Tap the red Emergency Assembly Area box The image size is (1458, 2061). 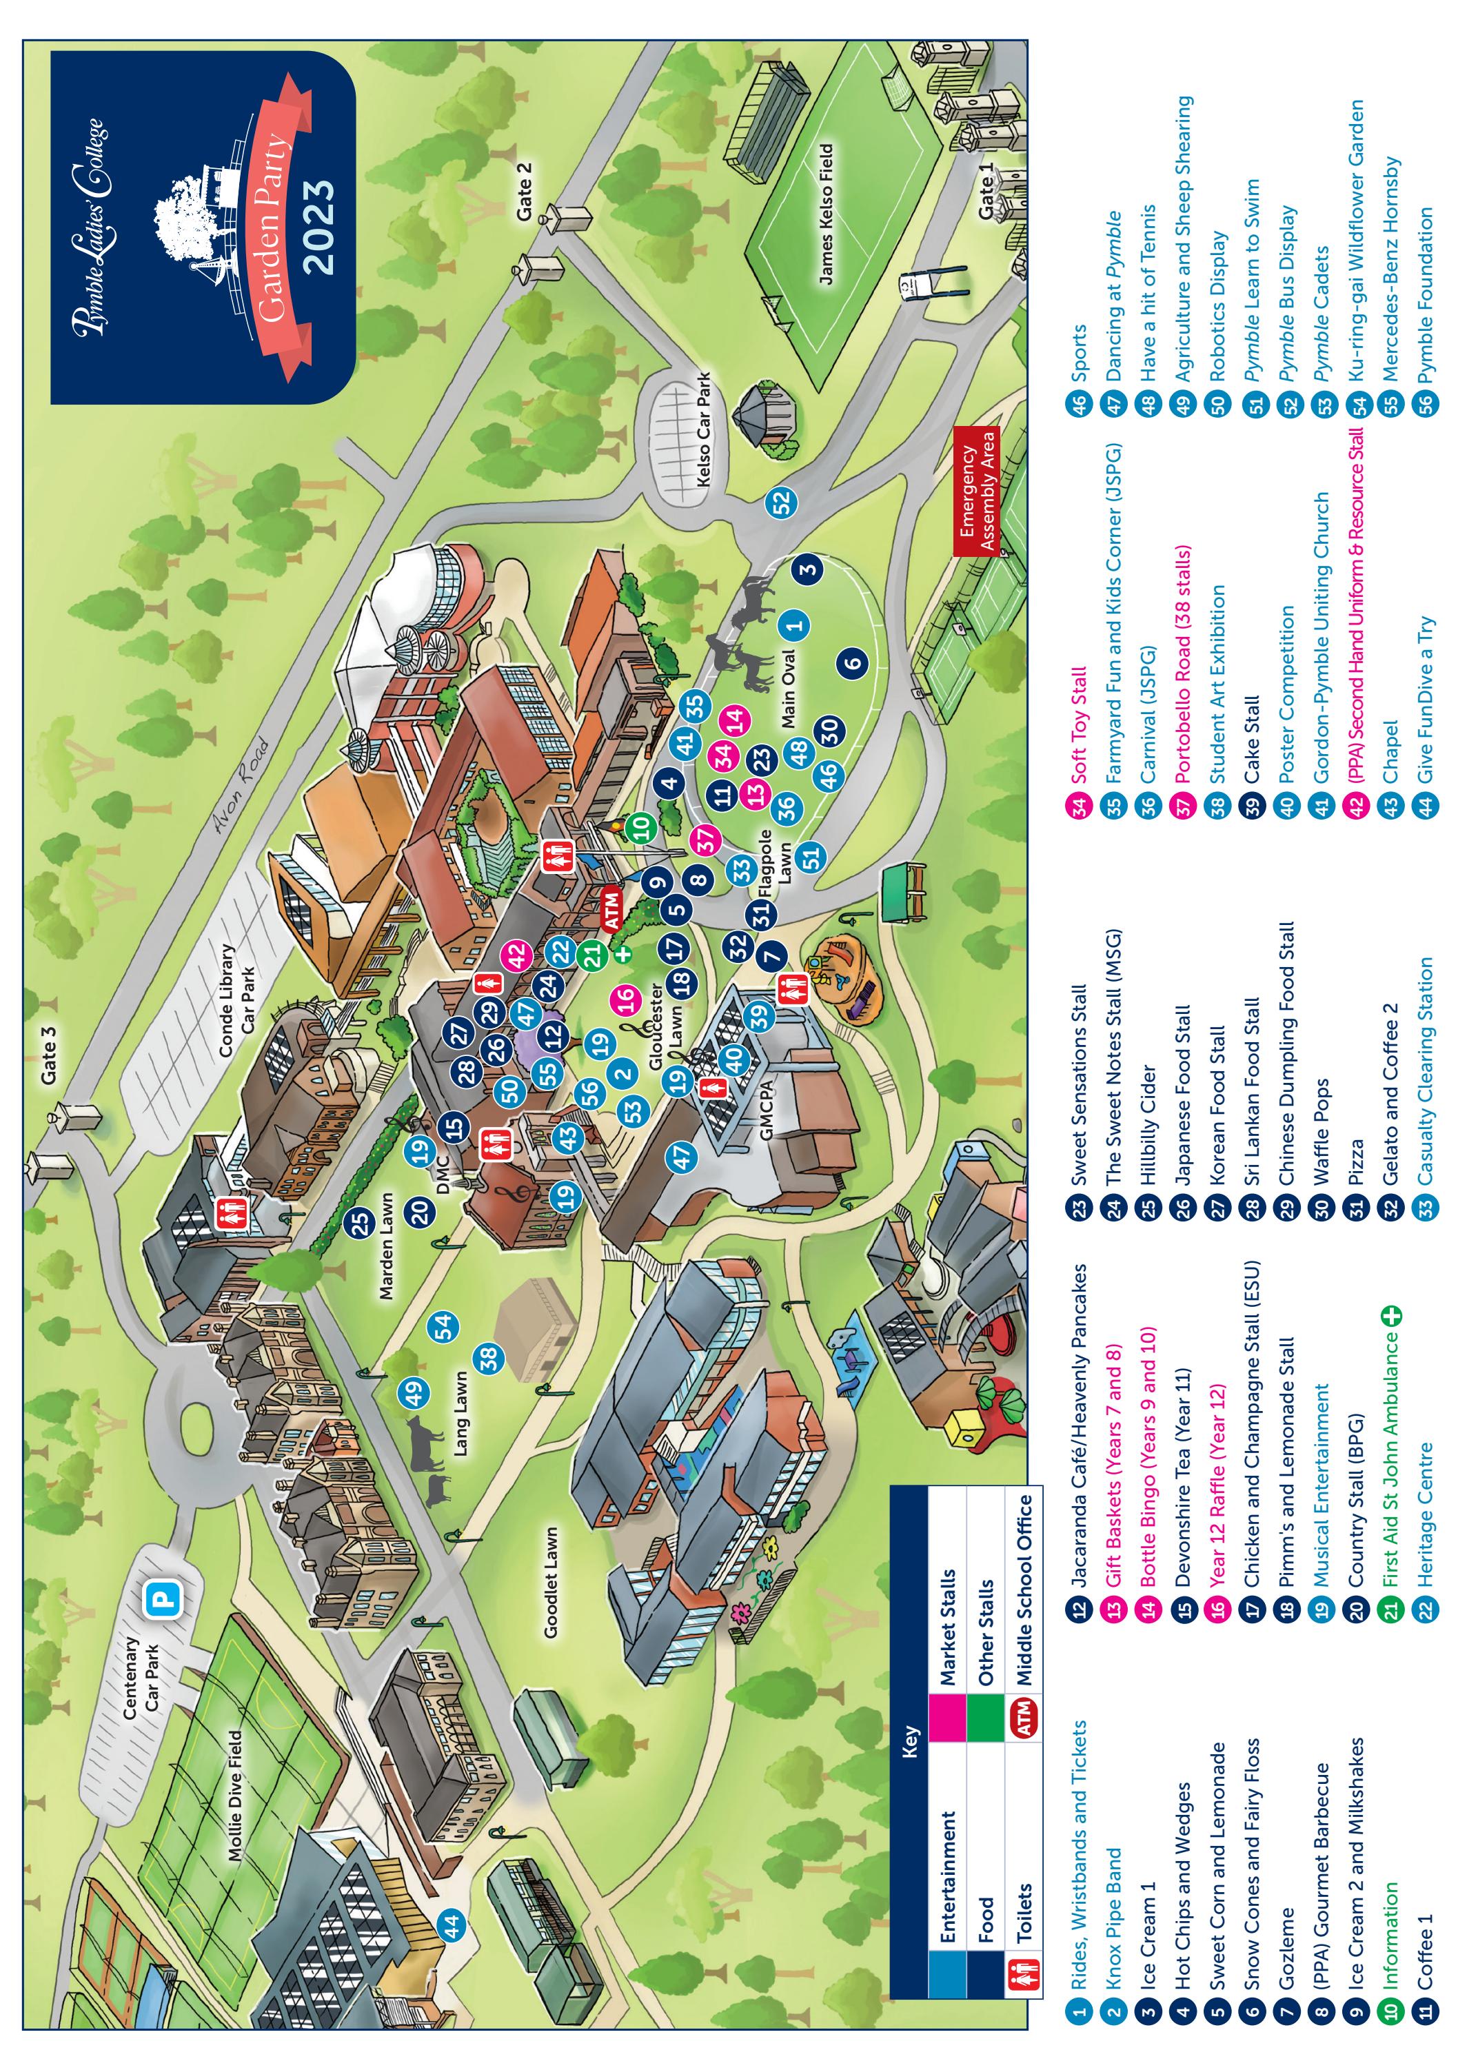pyautogui.click(x=977, y=490)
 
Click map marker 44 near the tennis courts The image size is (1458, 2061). pyautogui.click(x=451, y=1925)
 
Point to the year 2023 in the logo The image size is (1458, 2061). pyautogui.click(x=318, y=227)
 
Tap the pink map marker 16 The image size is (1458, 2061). pyautogui.click(x=626, y=995)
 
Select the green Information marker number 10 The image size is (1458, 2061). pyautogui.click(x=641, y=826)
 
